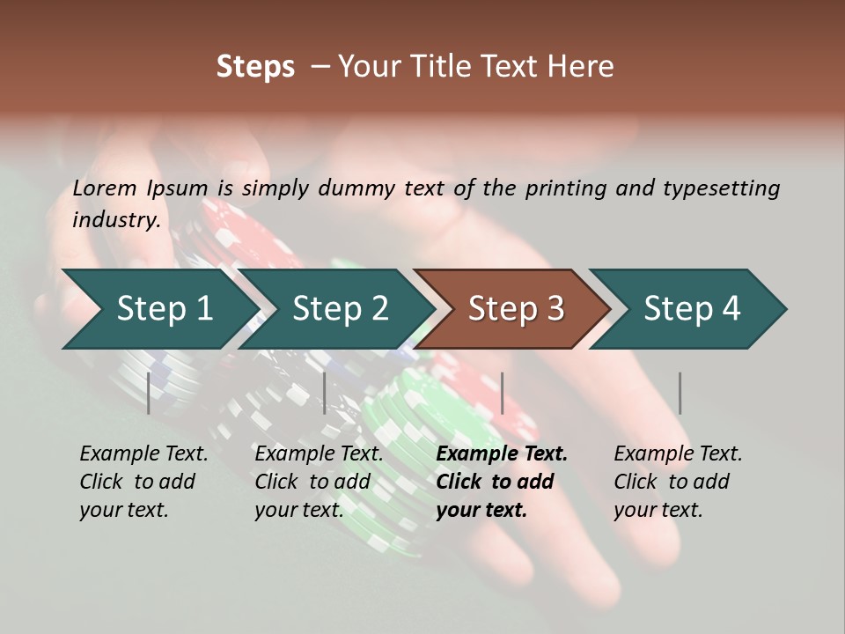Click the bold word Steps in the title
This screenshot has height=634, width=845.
pyautogui.click(x=255, y=67)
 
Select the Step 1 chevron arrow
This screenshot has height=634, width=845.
pyautogui.click(x=160, y=309)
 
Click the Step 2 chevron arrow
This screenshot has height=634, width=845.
pyautogui.click(x=337, y=309)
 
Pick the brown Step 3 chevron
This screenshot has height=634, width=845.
pyautogui.click(x=512, y=309)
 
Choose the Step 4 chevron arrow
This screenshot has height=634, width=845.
pyautogui.click(x=688, y=309)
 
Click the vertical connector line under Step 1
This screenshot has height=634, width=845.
pyautogui.click(x=148, y=393)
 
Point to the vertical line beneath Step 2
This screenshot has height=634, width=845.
pyautogui.click(x=325, y=393)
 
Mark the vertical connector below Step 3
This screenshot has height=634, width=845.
pyautogui.click(x=503, y=393)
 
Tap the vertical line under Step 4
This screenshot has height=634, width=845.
pyautogui.click(x=680, y=393)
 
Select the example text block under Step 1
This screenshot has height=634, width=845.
pyautogui.click(x=143, y=482)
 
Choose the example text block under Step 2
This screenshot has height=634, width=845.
pyautogui.click(x=319, y=482)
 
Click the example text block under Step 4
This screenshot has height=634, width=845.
pyautogui.click(x=679, y=482)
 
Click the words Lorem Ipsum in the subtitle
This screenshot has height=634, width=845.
pyautogui.click(x=140, y=188)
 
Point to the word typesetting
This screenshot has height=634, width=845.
pyautogui.click(x=722, y=188)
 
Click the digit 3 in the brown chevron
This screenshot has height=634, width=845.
pyautogui.click(x=555, y=308)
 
